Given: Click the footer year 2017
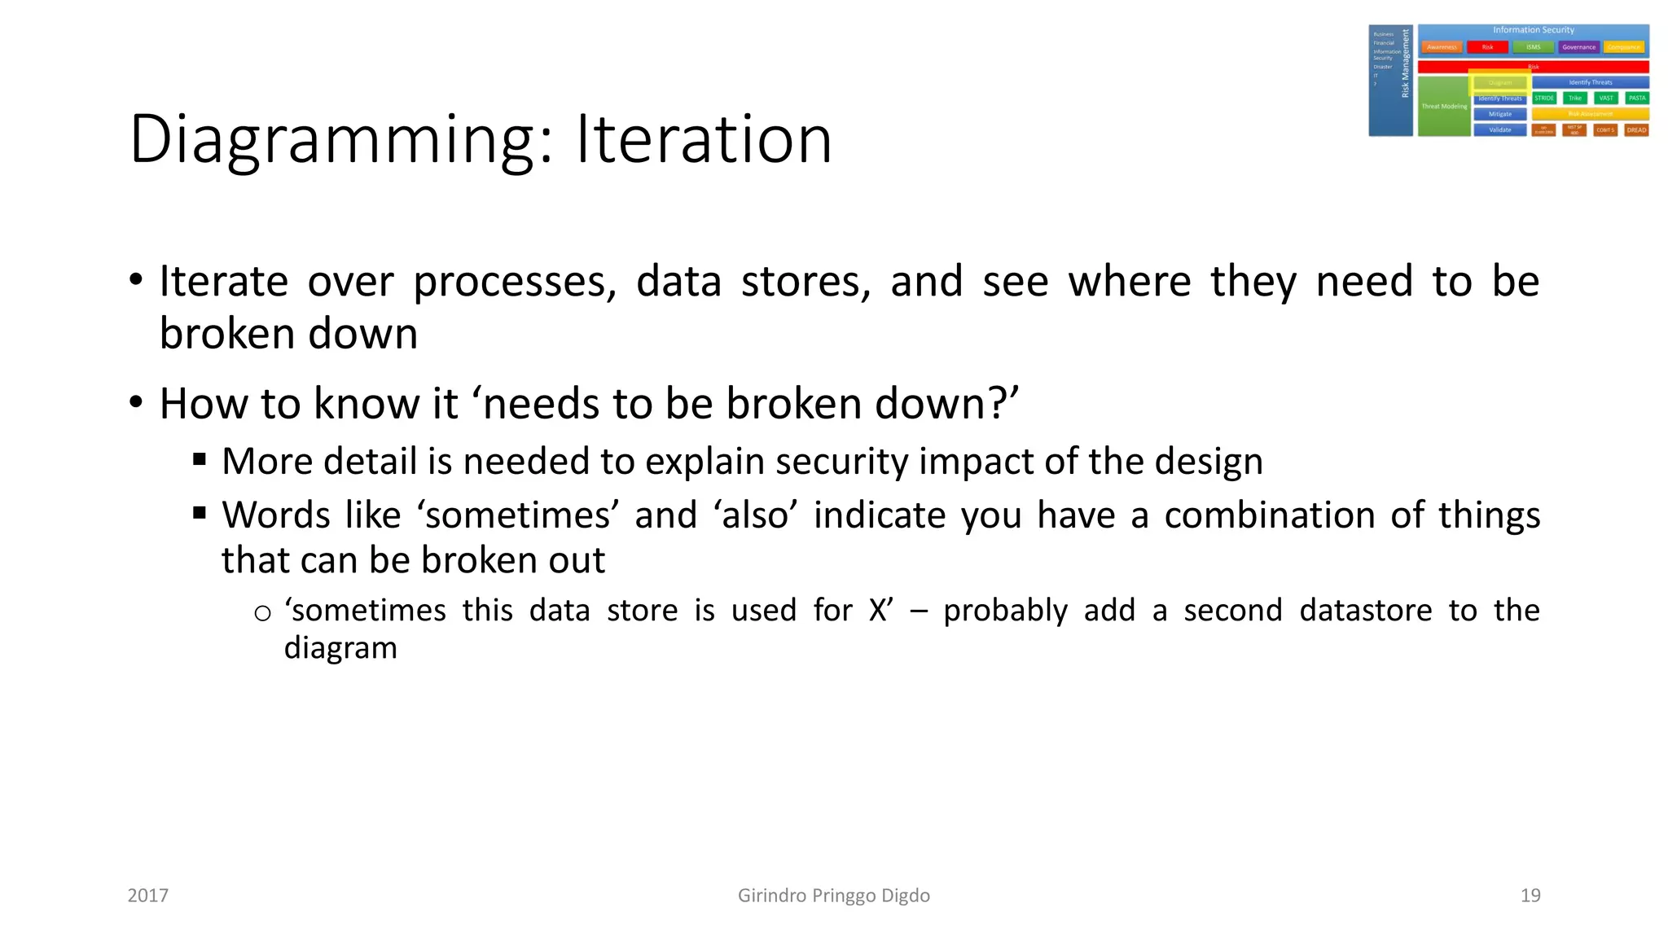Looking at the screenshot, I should coord(148,896).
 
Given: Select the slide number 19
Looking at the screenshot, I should coord(1530,896).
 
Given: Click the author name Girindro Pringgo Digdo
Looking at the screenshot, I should coord(833,896).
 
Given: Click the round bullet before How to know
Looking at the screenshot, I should coord(136,402).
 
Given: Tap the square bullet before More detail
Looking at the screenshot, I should coord(200,459).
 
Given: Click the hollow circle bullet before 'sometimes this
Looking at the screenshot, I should coord(262,613).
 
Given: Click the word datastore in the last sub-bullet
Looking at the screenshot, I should coord(1365,610).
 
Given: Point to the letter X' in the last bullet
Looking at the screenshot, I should coord(880,610).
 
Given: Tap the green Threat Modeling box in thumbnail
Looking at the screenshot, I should coord(1443,107).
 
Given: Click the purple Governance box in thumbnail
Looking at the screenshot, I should coord(1578,47).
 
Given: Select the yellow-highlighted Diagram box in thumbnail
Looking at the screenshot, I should coord(1499,82).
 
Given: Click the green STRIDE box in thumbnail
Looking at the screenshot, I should coord(1543,98).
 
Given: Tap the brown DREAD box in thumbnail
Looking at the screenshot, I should coord(1636,129).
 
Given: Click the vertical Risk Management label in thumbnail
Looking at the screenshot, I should coord(1405,64).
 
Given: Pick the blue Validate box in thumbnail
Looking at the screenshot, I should coord(1499,129).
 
